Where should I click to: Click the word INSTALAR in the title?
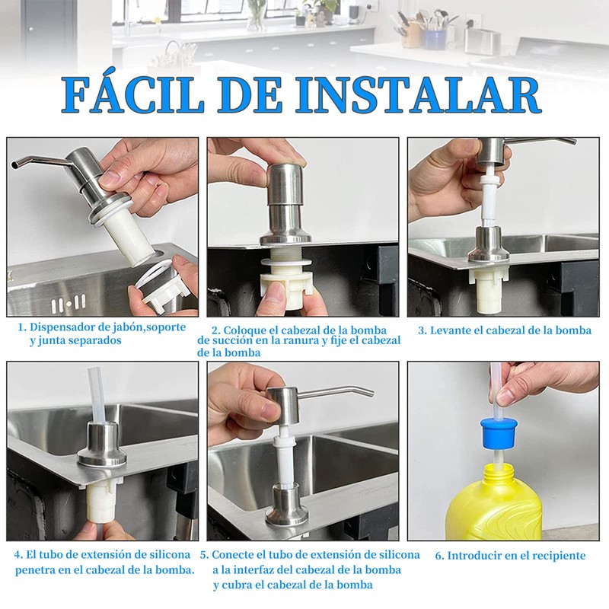point(420,96)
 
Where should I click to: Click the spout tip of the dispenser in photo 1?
point(15,165)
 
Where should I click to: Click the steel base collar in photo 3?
point(489,247)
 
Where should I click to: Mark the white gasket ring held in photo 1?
point(153,277)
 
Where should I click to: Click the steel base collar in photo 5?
point(287,505)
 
